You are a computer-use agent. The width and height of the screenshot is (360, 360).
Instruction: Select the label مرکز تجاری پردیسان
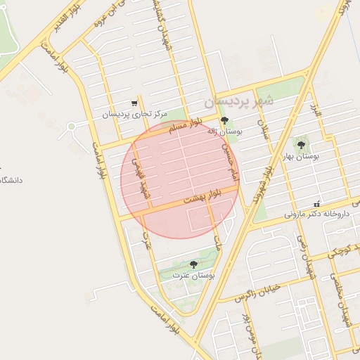pyautogui.click(x=134, y=114)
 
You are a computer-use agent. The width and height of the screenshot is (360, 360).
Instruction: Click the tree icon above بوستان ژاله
pyautogui.click(x=225, y=121)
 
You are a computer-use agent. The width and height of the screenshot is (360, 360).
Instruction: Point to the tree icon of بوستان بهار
pyautogui.click(x=302, y=145)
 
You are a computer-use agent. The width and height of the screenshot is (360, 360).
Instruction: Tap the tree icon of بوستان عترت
pyautogui.click(x=193, y=264)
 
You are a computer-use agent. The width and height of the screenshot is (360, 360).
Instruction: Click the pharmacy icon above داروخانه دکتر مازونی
pyautogui.click(x=317, y=203)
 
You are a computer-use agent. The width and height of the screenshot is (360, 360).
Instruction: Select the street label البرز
pyautogui.click(x=316, y=111)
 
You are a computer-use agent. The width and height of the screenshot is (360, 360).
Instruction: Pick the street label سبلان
pyautogui.click(x=264, y=131)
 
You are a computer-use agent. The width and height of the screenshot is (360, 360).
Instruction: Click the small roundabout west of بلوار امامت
pyautogui.click(x=71, y=127)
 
